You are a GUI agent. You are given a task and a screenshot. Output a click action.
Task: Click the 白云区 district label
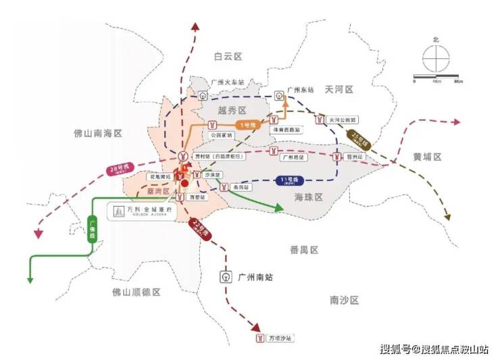coord(228,56)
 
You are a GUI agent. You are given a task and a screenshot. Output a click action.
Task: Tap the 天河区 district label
coord(339,89)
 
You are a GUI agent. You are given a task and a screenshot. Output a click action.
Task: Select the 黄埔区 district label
coord(427,157)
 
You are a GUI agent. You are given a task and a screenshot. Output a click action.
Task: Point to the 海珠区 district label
coord(309,197)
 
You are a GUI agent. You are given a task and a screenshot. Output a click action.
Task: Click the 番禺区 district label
coord(304,250)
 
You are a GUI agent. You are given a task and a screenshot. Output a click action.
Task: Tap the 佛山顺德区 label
coord(136,292)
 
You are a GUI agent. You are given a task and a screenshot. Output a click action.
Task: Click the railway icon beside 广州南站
coord(226,276)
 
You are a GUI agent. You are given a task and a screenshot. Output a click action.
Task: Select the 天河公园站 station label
coord(341,120)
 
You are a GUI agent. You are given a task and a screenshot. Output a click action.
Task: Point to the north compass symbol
coord(436,59)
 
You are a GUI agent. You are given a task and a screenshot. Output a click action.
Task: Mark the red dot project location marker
coord(184,182)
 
